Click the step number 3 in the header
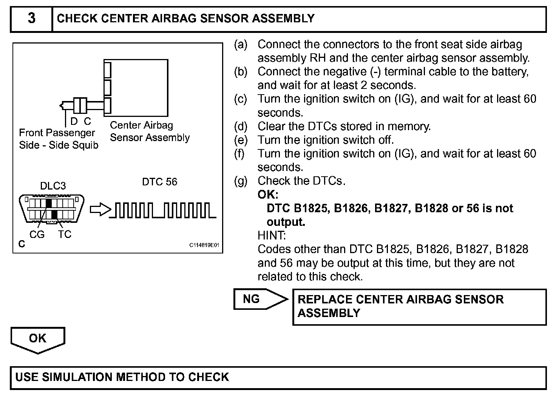[x=31, y=18]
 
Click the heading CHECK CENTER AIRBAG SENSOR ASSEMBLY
[x=185, y=19]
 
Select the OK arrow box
[x=37, y=338]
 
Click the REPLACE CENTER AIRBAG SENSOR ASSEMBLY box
[x=419, y=306]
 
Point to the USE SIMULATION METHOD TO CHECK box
[x=278, y=377]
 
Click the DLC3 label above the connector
[x=53, y=186]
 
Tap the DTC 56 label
[x=159, y=182]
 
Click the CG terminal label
[x=37, y=235]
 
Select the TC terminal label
[x=65, y=235]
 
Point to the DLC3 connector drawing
[x=52, y=209]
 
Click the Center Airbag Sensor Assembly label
[x=150, y=131]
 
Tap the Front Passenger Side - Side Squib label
[x=58, y=139]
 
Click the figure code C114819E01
[x=204, y=245]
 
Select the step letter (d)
[x=240, y=126]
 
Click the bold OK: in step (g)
[x=268, y=194]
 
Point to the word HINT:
[x=272, y=235]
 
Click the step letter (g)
[x=240, y=181]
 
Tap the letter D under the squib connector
[x=74, y=121]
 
